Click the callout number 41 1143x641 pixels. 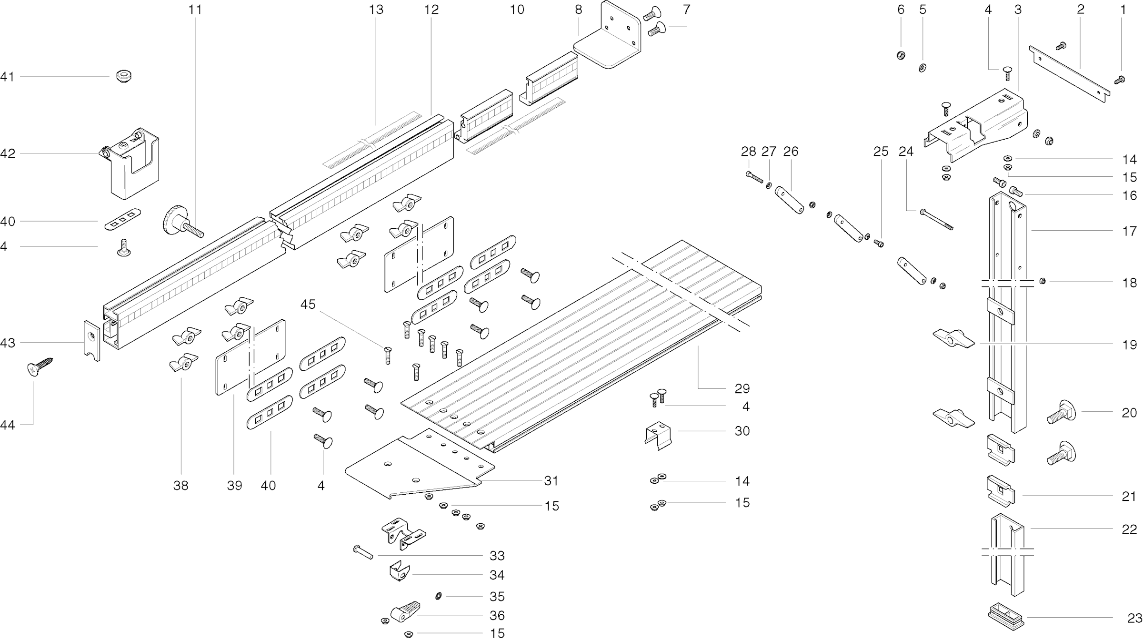(x=7, y=77)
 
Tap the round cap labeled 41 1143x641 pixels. (x=124, y=76)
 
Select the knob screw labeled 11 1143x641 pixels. (x=181, y=224)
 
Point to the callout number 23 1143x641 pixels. (x=1135, y=618)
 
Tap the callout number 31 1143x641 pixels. (x=551, y=481)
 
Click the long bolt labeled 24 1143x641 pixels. (x=936, y=220)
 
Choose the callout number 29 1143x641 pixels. (x=742, y=389)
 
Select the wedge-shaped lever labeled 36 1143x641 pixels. (x=405, y=611)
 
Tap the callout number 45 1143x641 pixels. (x=308, y=304)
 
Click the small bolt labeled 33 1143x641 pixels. (x=363, y=552)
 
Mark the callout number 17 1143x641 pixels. (x=1130, y=232)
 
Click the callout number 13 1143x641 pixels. (x=376, y=10)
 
